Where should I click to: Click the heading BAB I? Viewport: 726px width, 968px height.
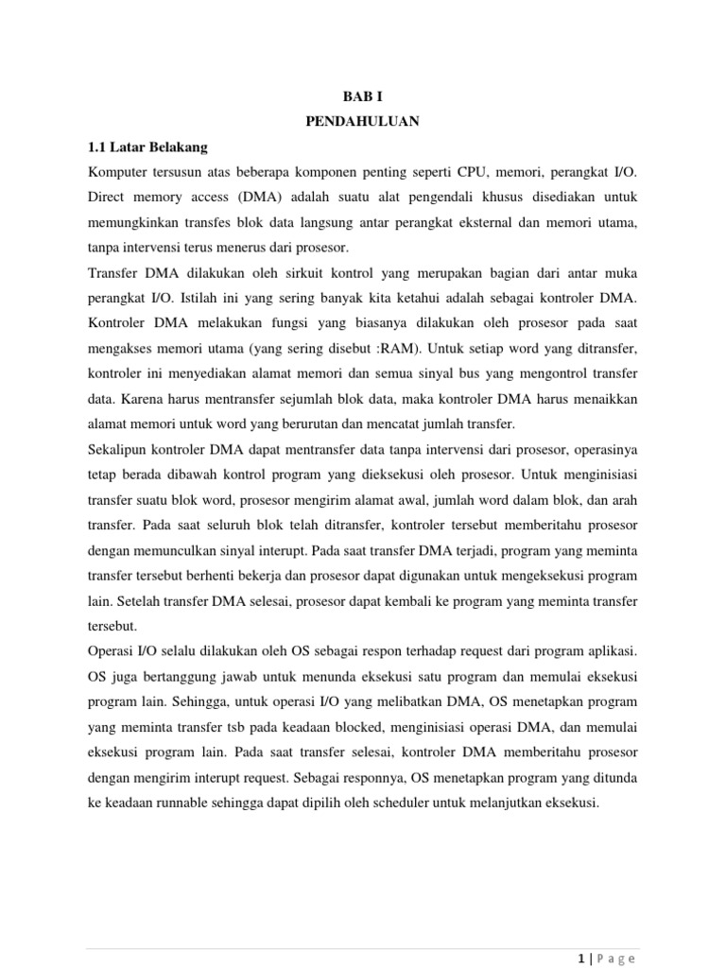pyautogui.click(x=362, y=96)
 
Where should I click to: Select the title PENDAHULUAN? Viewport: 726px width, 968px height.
pyautogui.click(x=362, y=122)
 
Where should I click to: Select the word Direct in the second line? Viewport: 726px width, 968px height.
pyautogui.click(x=106, y=199)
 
